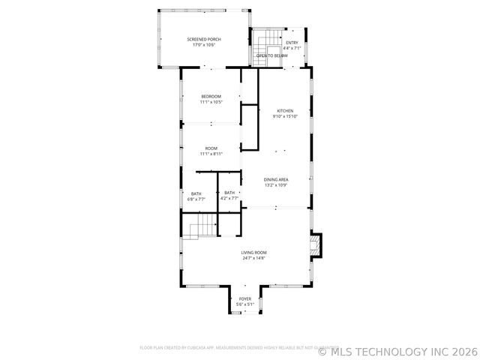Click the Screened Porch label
tap(204, 39)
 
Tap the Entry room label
tap(292, 43)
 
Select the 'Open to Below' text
tap(271, 55)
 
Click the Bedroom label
tap(211, 96)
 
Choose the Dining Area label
tap(276, 179)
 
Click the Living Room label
tap(253, 252)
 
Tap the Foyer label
tap(245, 298)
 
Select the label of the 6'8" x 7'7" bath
tap(196, 193)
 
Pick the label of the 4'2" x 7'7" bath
tap(229, 193)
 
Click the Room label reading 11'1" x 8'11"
tap(211, 148)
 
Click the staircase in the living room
tap(201, 227)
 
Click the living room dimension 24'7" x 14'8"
tap(253, 258)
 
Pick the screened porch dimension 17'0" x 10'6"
tap(204, 45)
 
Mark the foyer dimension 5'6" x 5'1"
tap(245, 304)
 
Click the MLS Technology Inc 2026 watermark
tap(397, 350)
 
